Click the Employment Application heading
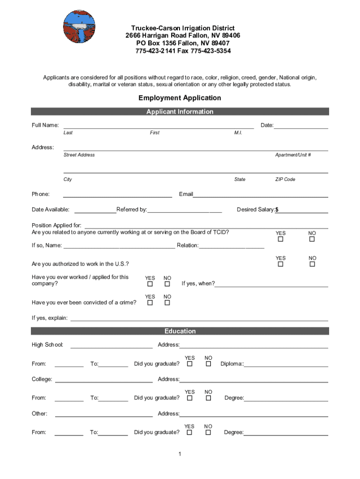pyautogui.click(x=180, y=98)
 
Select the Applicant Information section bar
pyautogui.click(x=180, y=111)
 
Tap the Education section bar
pyautogui.click(x=180, y=331)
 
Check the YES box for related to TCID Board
pyautogui.click(x=281, y=239)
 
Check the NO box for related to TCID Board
pyautogui.click(x=312, y=239)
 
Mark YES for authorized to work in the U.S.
pyautogui.click(x=281, y=264)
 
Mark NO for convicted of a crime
pyautogui.click(x=167, y=303)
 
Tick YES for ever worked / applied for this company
pyautogui.click(x=150, y=284)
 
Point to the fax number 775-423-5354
pyautogui.click(x=210, y=51)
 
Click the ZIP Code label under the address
pyautogui.click(x=285, y=180)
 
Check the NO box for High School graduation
pyautogui.click(x=209, y=364)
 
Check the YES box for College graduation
pyautogui.click(x=189, y=398)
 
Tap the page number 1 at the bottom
pyautogui.click(x=180, y=454)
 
